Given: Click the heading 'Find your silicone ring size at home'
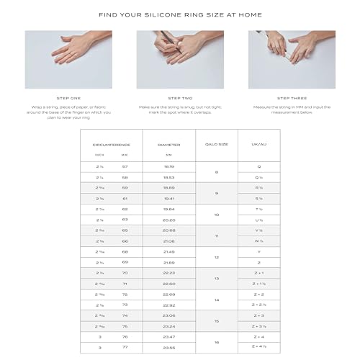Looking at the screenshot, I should point(180,14).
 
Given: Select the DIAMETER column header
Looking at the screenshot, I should point(168,144).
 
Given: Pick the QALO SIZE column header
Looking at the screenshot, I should point(217,144).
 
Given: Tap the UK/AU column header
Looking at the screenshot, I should point(258,144).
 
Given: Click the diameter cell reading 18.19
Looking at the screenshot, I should point(168,166).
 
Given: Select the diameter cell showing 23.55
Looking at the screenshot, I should point(168,347).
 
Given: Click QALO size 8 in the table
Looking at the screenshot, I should point(217,172).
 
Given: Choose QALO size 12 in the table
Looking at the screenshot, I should point(217,257).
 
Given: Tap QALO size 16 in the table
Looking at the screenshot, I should point(217,342).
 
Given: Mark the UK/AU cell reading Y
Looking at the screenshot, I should point(258,251).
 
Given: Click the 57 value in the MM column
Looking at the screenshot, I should point(125,166).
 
